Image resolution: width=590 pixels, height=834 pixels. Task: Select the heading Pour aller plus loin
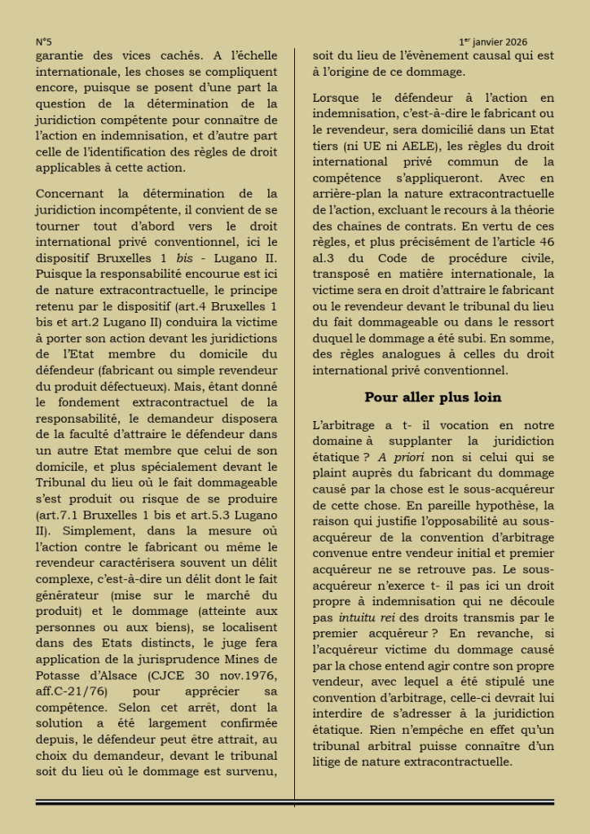(x=433, y=397)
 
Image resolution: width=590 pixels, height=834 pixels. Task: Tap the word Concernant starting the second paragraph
(x=71, y=193)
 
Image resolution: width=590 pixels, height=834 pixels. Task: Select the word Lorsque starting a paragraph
(x=335, y=99)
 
